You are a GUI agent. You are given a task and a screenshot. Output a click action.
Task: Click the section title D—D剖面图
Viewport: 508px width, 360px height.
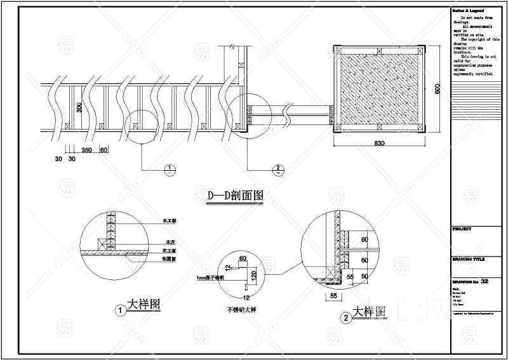point(235,196)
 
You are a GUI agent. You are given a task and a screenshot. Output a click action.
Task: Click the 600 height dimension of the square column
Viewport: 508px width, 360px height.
point(437,90)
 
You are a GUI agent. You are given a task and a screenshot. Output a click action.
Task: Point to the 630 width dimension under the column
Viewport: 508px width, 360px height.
point(379,144)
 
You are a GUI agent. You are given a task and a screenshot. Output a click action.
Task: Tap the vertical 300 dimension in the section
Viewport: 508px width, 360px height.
point(79,107)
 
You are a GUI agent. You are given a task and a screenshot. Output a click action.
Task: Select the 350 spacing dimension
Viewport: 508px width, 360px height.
point(88,150)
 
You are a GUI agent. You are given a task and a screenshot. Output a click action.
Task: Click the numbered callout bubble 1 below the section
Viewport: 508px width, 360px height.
point(170,169)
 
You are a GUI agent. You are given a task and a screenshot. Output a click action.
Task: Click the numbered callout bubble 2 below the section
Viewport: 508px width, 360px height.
point(277,169)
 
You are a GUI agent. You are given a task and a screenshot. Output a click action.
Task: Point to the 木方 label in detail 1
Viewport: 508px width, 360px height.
point(170,243)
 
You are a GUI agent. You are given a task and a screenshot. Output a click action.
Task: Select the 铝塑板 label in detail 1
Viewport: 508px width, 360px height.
point(170,259)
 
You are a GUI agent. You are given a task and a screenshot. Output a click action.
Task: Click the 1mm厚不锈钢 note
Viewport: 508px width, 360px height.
point(211,277)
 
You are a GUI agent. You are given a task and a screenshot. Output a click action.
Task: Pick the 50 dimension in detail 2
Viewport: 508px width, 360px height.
point(364,277)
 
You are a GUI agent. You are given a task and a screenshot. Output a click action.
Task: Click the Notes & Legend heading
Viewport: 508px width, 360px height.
point(469,11)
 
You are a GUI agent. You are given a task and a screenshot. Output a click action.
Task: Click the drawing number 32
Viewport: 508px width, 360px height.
point(485,281)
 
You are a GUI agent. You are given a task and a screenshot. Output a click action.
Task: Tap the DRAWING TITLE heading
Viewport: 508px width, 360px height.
point(469,260)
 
